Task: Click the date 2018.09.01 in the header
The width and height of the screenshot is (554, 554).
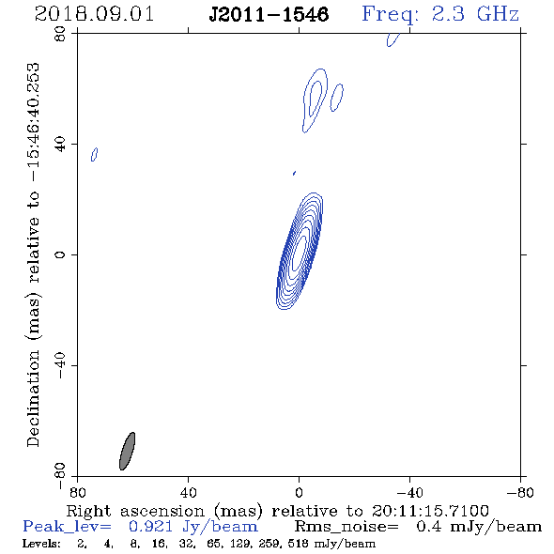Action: coord(94,14)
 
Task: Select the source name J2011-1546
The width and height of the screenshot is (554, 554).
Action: coord(269,15)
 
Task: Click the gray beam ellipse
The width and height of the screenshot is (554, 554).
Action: coord(127,452)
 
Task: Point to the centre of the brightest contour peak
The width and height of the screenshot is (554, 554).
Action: coord(300,252)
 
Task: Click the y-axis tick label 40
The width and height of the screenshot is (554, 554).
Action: coord(60,145)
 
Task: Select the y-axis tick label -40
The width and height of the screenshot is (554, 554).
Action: coord(60,365)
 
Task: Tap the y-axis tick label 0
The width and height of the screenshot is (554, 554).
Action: coord(60,254)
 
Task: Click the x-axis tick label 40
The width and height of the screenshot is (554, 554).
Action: coord(188,492)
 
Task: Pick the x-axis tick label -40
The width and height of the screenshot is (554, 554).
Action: coord(409,492)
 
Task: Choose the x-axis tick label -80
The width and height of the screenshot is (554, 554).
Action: coord(520,492)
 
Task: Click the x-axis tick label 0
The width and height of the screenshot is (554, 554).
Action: coord(299,492)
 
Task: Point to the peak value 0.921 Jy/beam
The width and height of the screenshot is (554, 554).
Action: coord(193,527)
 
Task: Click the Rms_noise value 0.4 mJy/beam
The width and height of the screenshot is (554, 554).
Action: coord(479,527)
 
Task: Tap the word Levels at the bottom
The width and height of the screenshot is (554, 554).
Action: coord(41,544)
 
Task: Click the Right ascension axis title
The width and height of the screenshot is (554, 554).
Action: coord(277,511)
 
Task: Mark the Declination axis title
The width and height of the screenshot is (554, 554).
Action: coord(33,254)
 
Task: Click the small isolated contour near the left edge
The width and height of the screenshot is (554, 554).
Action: coord(94,154)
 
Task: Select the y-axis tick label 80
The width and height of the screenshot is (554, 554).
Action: coord(60,34)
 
